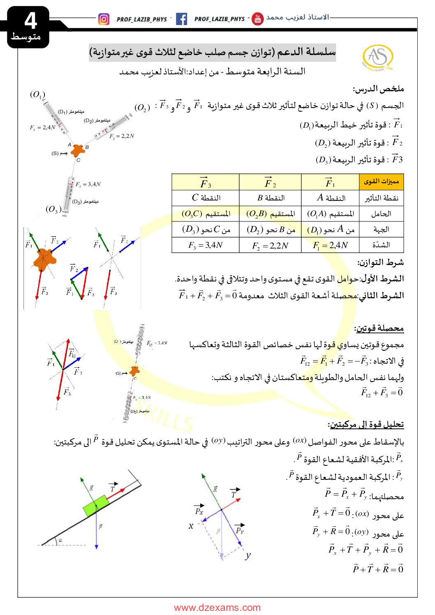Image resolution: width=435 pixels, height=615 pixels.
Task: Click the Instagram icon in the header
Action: [x=104, y=19]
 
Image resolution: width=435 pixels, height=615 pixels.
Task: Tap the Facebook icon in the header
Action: [x=181, y=19]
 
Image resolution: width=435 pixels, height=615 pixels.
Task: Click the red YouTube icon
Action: [x=257, y=19]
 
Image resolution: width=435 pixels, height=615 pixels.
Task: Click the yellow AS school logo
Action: [x=377, y=57]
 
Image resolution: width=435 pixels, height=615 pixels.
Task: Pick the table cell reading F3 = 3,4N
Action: [x=205, y=245]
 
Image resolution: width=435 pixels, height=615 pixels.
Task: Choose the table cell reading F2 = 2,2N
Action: [x=270, y=246]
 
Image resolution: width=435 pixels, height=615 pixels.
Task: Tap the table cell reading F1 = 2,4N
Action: [x=330, y=245]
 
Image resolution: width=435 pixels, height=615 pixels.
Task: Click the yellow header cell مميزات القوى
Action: [x=381, y=182]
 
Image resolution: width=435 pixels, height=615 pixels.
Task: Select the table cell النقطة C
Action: [x=206, y=198]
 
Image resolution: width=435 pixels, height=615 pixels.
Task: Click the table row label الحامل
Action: [x=381, y=214]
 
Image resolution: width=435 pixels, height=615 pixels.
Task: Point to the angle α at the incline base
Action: [x=60, y=541]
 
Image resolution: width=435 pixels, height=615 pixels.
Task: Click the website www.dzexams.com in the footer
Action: [x=217, y=608]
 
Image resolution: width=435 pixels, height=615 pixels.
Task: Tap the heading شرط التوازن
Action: [x=380, y=262]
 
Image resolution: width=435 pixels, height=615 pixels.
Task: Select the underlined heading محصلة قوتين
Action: [x=379, y=328]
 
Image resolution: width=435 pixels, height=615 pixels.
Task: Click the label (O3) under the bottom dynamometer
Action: [x=53, y=209]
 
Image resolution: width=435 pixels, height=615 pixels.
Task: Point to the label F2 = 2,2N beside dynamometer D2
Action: [x=122, y=136]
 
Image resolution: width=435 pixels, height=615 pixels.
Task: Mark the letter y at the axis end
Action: [x=248, y=556]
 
